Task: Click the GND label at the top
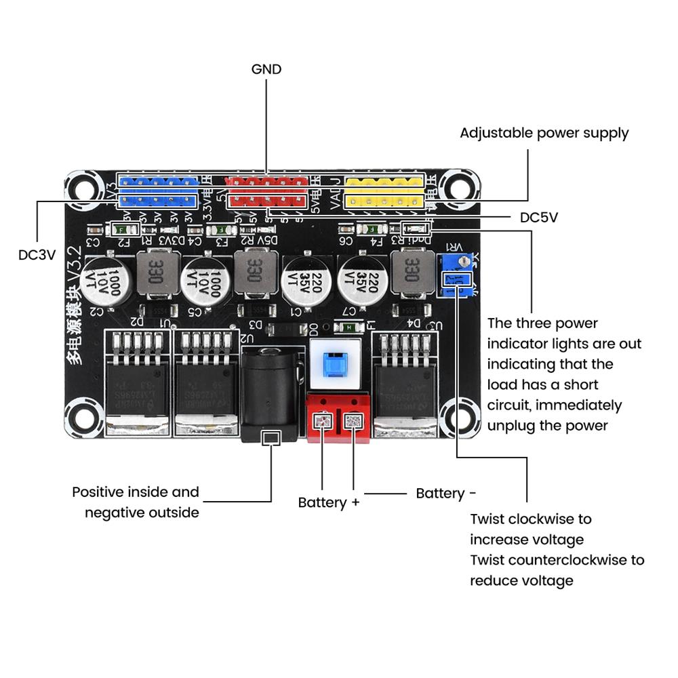point(266,69)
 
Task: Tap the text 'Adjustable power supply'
point(544,133)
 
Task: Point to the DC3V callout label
point(37,254)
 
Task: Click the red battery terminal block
point(339,416)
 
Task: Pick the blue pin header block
point(158,191)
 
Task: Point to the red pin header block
point(267,191)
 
